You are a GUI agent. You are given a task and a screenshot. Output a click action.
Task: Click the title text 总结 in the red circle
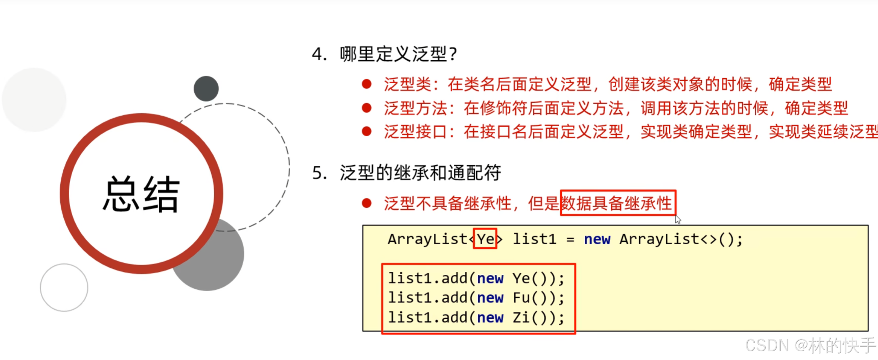click(x=141, y=194)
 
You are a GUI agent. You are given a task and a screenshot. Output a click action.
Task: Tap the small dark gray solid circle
click(x=206, y=89)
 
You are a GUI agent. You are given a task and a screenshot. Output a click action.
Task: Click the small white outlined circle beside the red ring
click(x=64, y=287)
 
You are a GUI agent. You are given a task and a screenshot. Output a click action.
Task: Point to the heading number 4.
click(x=319, y=55)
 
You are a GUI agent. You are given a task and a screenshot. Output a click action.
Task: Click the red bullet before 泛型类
click(x=367, y=84)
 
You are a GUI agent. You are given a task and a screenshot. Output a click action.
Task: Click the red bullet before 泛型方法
click(x=367, y=108)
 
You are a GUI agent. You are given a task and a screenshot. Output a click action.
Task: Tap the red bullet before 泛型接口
click(x=367, y=132)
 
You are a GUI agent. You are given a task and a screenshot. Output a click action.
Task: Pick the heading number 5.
click(x=319, y=173)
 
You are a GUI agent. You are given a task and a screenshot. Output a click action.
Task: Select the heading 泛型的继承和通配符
click(x=420, y=173)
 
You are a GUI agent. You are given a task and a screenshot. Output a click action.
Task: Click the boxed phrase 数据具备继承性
click(x=617, y=203)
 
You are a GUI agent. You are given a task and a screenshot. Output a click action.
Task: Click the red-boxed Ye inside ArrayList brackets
click(x=485, y=239)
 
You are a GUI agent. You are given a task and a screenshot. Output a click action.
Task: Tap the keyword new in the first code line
click(x=597, y=239)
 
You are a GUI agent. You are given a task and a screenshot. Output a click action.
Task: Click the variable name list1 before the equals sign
click(x=534, y=239)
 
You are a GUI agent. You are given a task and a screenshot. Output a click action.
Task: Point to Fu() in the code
click(x=529, y=298)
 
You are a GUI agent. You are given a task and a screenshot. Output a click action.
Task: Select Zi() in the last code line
click(x=529, y=318)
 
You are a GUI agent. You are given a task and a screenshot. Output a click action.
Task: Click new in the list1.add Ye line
click(x=490, y=279)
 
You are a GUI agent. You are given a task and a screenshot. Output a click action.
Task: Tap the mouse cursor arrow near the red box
click(x=677, y=219)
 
